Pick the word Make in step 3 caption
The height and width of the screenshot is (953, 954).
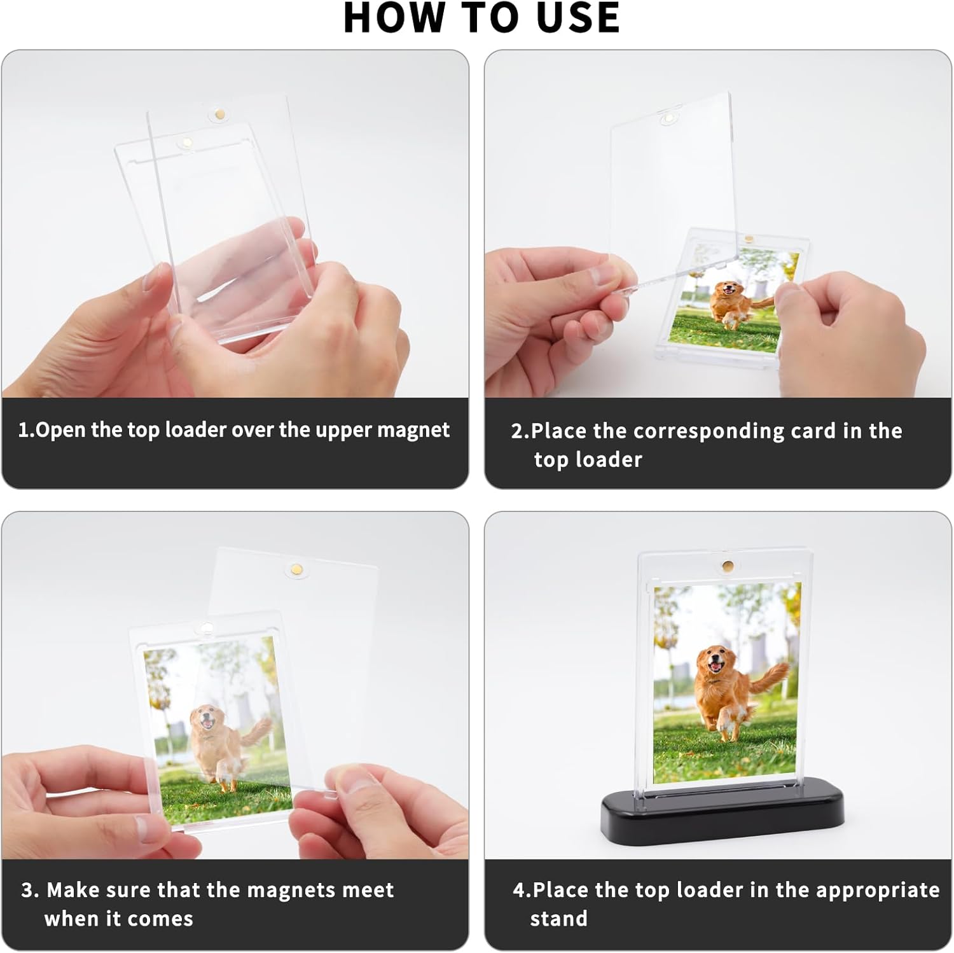pos(71,890)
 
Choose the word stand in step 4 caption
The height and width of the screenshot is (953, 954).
pos(558,919)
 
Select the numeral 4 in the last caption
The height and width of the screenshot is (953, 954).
pos(518,891)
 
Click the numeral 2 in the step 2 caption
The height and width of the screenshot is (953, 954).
pos(518,431)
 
